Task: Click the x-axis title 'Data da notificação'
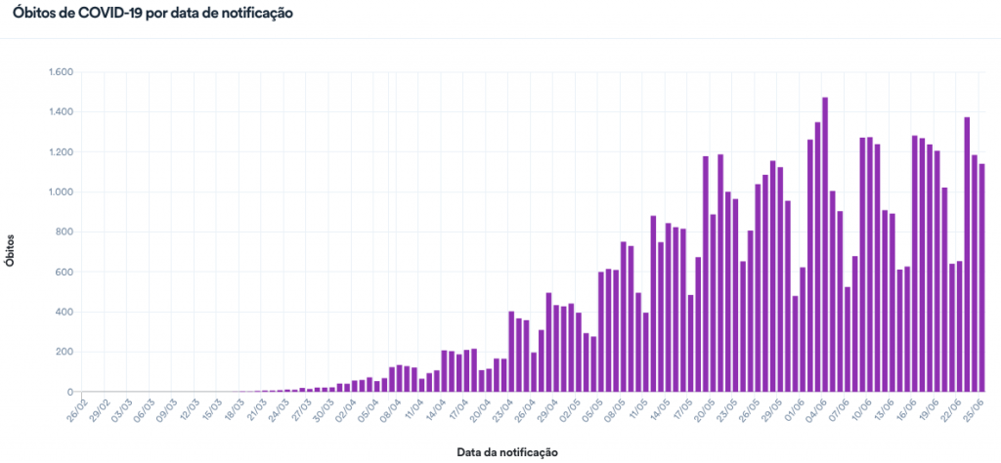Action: [x=506, y=452]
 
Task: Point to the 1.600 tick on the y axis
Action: [x=61, y=72]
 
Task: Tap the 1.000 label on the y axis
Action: [x=61, y=192]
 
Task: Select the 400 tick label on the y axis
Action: [x=66, y=313]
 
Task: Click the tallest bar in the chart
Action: [x=825, y=244]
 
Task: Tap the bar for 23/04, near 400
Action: [x=512, y=352]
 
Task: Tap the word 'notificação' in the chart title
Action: [x=257, y=15]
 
